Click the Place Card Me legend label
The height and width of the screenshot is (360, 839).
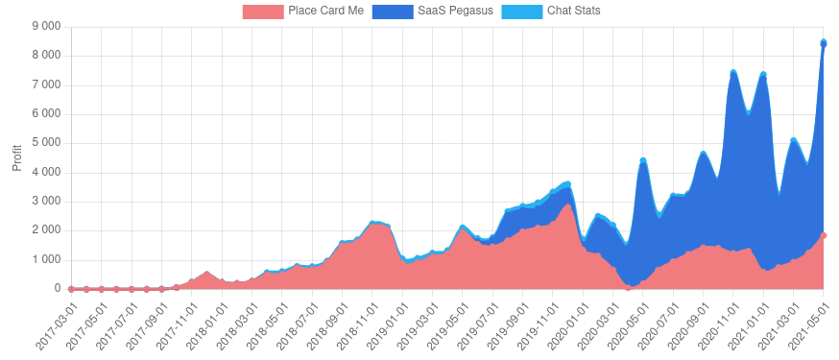click(x=325, y=12)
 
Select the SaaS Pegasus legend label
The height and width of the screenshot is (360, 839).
click(x=455, y=12)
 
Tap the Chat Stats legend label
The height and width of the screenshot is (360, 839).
click(x=573, y=12)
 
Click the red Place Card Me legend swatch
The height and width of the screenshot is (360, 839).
click(x=263, y=12)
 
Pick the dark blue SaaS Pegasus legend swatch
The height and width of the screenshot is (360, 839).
click(x=393, y=12)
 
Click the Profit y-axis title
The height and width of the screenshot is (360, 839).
click(x=16, y=157)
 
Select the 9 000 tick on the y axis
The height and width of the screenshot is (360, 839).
click(x=47, y=27)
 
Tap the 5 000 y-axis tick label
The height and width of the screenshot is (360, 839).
click(x=47, y=143)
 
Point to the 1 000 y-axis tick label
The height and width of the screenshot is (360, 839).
click(x=47, y=260)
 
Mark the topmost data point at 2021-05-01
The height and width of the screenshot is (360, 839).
click(x=824, y=42)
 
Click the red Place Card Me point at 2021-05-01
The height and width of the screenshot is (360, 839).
click(x=824, y=235)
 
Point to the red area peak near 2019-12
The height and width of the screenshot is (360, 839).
click(x=567, y=204)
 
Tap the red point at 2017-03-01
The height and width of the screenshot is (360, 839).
click(x=71, y=289)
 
